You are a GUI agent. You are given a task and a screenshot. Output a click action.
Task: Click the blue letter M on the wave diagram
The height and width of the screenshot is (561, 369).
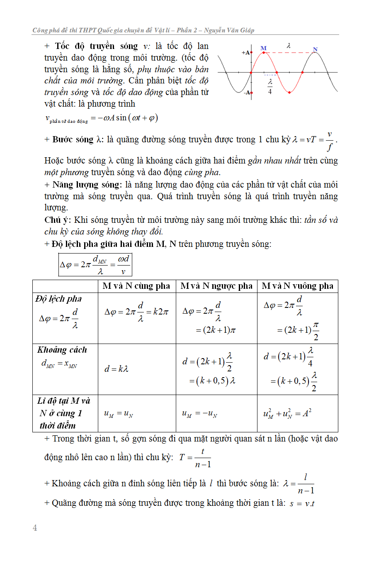(263, 48)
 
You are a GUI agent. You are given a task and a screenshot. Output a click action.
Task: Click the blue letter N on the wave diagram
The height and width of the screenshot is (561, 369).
(315, 50)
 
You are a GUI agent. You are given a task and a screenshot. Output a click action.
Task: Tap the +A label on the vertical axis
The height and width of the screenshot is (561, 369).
(246, 53)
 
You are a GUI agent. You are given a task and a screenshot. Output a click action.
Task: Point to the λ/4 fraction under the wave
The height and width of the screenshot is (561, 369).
(270, 86)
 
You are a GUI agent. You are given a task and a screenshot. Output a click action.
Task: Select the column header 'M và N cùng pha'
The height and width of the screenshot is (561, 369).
(136, 286)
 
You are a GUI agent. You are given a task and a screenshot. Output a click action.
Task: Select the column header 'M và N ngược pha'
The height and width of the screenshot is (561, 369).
(216, 286)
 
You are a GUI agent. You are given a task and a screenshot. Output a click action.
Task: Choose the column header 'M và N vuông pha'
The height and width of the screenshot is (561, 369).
(298, 286)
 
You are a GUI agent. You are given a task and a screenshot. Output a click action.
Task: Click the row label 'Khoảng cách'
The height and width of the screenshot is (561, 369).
(62, 350)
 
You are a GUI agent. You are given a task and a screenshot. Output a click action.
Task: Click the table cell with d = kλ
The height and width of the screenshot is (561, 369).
(117, 368)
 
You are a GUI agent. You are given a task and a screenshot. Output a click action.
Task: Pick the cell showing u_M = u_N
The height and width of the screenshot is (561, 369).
(118, 414)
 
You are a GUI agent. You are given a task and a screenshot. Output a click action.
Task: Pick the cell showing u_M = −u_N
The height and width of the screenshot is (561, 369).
(200, 414)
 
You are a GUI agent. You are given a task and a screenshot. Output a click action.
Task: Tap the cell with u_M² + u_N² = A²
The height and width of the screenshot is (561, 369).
(287, 414)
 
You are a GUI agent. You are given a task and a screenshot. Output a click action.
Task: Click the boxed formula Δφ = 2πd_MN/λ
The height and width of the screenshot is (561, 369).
(95, 265)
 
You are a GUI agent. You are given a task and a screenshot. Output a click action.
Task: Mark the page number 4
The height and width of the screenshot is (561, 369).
(35, 528)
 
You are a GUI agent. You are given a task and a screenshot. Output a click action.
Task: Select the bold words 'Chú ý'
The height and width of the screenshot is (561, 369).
(57, 220)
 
